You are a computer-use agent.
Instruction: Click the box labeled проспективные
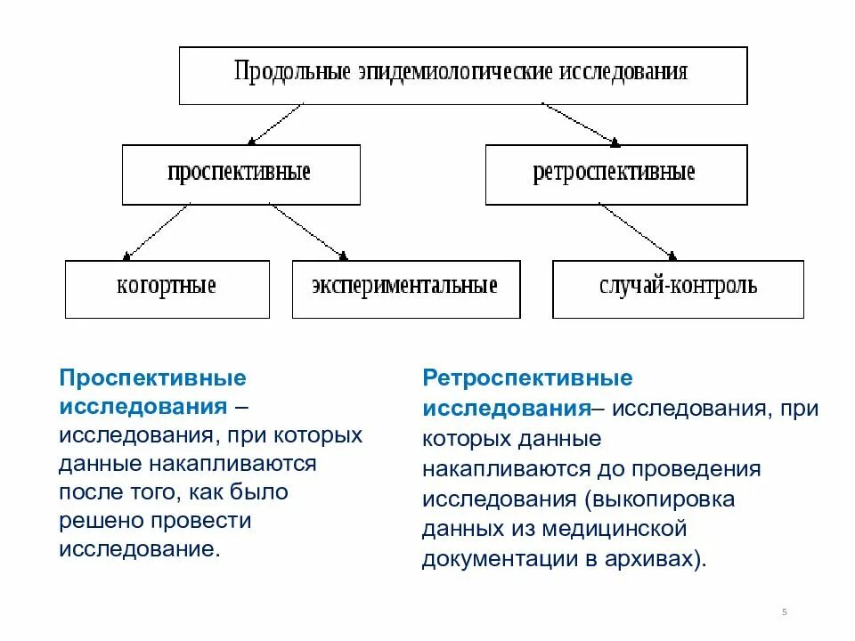click(240, 174)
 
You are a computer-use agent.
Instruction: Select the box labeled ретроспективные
click(615, 174)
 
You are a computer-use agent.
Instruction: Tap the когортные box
click(167, 288)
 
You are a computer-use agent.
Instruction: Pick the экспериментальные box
click(405, 288)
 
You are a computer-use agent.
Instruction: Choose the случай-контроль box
click(678, 288)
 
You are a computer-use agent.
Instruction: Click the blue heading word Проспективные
click(152, 378)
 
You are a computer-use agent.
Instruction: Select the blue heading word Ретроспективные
click(527, 378)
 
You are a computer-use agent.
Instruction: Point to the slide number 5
click(784, 612)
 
